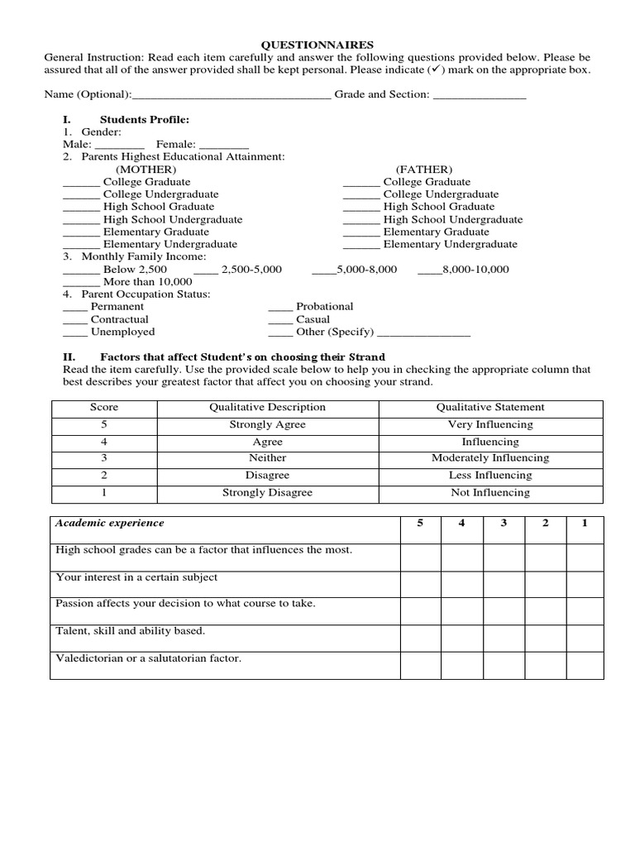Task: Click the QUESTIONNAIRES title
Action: click(317, 45)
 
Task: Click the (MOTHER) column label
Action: click(146, 170)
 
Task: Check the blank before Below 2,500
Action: click(80, 270)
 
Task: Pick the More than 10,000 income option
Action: click(141, 282)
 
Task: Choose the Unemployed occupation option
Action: click(122, 332)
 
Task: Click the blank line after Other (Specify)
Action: click(423, 333)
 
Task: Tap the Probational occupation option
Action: click(324, 307)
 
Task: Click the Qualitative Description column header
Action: click(267, 407)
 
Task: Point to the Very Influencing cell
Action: click(490, 424)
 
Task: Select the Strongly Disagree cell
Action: click(267, 492)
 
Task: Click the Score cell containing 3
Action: click(104, 458)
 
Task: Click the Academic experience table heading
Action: click(109, 523)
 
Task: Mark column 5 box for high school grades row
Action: click(421, 557)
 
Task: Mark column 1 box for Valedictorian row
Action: click(584, 666)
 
